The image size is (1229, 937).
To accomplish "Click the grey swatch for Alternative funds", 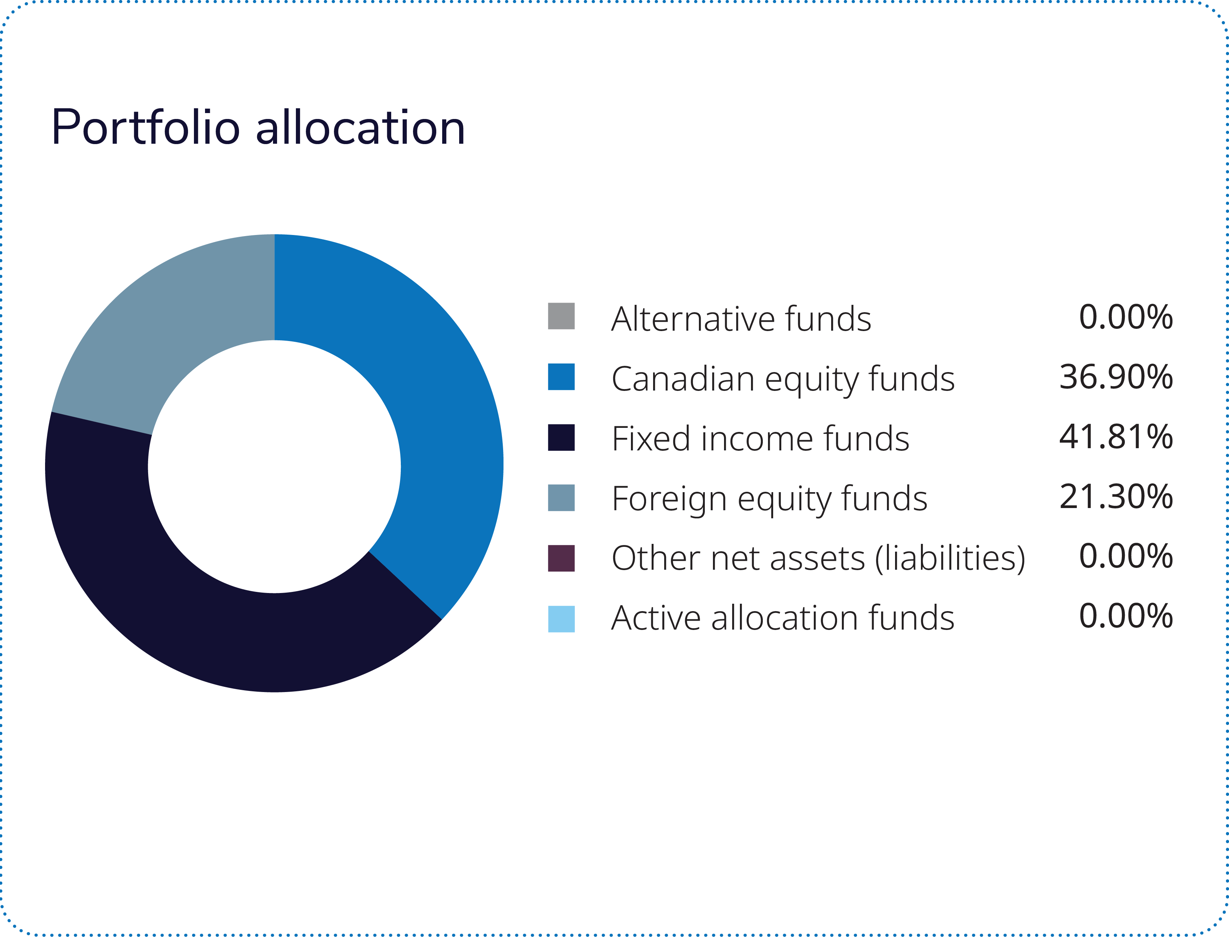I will (561, 316).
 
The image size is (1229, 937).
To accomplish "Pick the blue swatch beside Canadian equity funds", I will (561, 377).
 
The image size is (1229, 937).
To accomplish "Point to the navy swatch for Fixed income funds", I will (561, 437).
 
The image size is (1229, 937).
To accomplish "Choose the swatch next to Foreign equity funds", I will (561, 497).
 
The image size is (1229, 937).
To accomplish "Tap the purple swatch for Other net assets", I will (561, 558).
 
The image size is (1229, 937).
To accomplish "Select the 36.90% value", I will (1116, 377).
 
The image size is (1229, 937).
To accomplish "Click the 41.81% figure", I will (1116, 437).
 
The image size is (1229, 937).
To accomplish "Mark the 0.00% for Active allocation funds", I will (1125, 616).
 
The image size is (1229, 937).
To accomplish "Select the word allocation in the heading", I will (360, 128).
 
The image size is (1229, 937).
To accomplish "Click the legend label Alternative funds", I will (741, 319).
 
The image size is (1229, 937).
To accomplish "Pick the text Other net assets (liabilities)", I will (818, 558).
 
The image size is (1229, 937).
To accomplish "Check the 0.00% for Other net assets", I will (1125, 556).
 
